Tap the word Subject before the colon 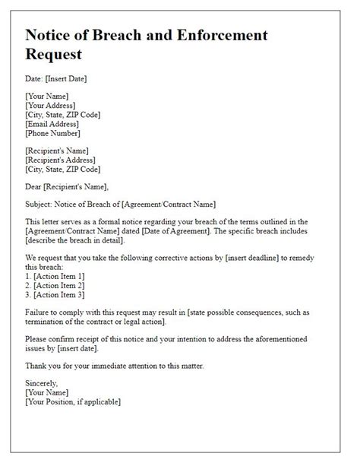42,203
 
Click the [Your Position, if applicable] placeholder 73,401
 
